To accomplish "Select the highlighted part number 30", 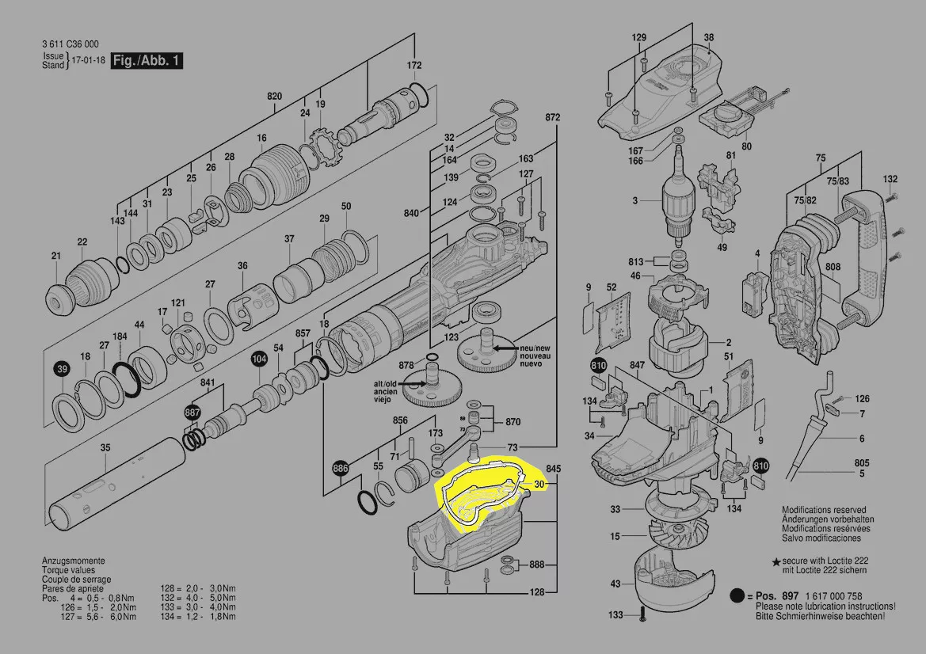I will pos(539,484).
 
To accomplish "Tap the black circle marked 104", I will pos(259,359).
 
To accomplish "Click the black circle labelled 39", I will pos(62,370).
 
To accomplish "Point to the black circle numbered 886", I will pos(340,469).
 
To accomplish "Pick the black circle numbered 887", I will pos(192,413).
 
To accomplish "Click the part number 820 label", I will pos(274,97).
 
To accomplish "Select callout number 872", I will pos(552,117).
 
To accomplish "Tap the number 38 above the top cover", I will pos(708,38).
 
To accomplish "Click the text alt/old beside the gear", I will pos(385,383).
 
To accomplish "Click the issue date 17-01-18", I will pos(87,61).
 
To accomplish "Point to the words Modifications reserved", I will pos(824,511).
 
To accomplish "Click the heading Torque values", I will pos(68,570).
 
